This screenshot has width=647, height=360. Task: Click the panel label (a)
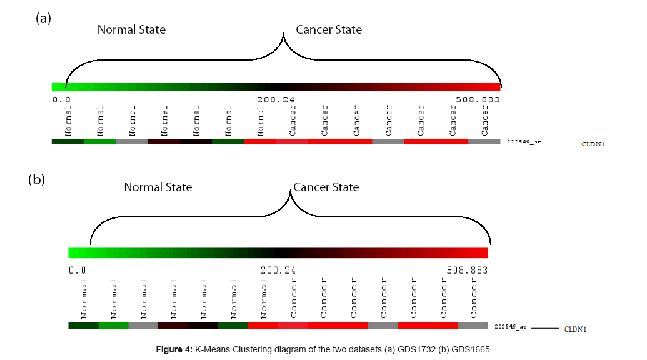(x=43, y=18)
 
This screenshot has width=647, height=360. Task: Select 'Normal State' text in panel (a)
(x=131, y=29)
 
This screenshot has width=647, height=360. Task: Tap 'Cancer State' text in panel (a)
(x=329, y=29)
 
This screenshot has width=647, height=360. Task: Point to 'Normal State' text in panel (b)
(x=158, y=187)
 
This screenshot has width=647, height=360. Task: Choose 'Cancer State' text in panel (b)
(x=326, y=187)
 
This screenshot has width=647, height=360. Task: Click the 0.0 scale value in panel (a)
(x=61, y=99)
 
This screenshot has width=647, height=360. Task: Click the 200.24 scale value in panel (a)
(x=275, y=99)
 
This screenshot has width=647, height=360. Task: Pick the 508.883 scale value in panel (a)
(x=478, y=99)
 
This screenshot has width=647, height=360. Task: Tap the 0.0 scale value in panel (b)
(x=78, y=271)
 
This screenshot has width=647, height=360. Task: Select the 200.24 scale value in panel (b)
(x=278, y=271)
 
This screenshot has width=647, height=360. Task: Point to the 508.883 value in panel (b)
(x=466, y=271)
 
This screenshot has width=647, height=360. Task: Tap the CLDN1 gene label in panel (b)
(x=575, y=329)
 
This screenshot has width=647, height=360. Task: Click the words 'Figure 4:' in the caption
(x=174, y=349)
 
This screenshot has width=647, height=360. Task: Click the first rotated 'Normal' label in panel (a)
(x=68, y=121)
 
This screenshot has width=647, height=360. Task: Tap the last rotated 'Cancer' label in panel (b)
(x=474, y=297)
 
